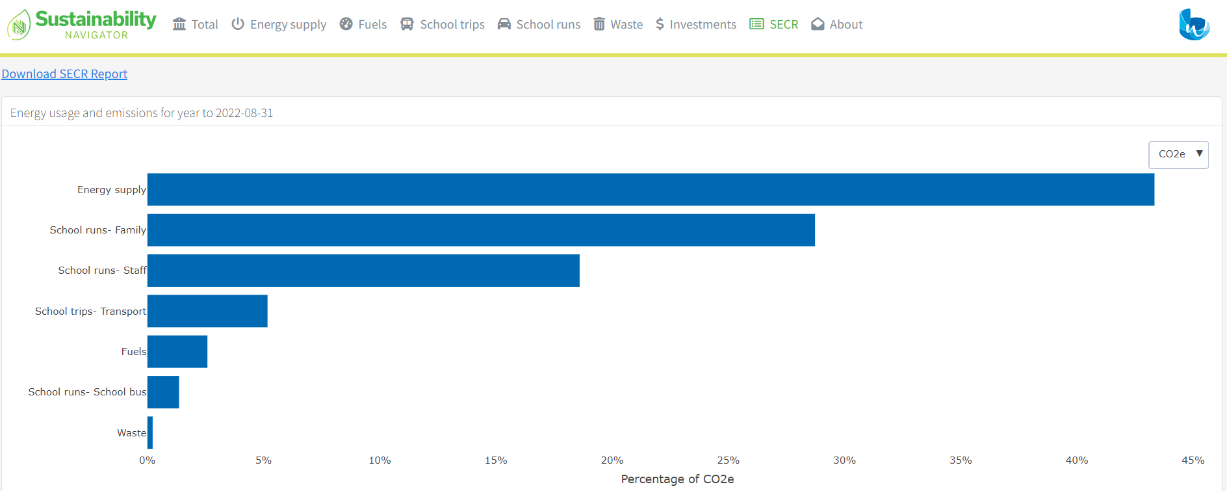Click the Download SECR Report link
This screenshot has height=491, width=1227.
[64, 74]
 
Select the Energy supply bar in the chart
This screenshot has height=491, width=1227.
[650, 189]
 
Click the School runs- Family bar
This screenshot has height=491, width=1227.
[481, 230]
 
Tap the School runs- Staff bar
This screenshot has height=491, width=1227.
[363, 271]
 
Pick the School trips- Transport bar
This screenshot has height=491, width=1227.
[207, 311]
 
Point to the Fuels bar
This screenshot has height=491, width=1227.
[177, 352]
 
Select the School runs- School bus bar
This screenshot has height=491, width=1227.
[163, 392]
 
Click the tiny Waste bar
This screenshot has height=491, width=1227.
[150, 432]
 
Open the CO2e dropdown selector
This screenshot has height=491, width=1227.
[1178, 154]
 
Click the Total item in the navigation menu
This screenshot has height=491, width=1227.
[195, 25]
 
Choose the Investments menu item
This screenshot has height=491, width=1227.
[696, 25]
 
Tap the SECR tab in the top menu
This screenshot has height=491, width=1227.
[774, 25]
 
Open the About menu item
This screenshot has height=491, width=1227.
[837, 25]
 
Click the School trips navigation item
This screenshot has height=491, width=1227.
[443, 25]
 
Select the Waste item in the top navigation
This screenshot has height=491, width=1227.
[618, 25]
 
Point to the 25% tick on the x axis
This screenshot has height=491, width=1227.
[728, 460]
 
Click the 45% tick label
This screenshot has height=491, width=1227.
[1193, 460]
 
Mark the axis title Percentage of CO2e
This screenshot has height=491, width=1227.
[677, 479]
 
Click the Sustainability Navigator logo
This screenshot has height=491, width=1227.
[82, 25]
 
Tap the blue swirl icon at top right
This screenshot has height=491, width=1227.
[1194, 25]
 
